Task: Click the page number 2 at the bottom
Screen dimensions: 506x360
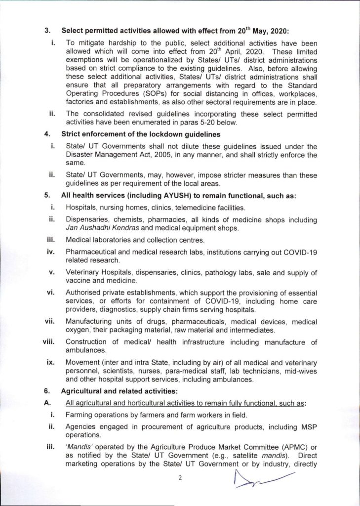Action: pos(180,478)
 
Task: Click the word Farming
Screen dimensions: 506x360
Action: pos(80,415)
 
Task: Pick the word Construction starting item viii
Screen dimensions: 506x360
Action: pos(86,341)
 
